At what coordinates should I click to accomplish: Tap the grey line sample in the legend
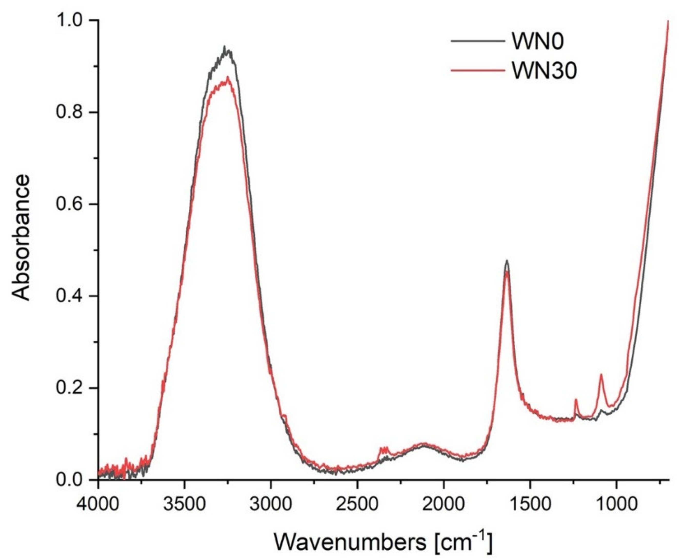pos(478,41)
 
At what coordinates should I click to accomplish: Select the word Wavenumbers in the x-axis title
pos(350,542)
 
